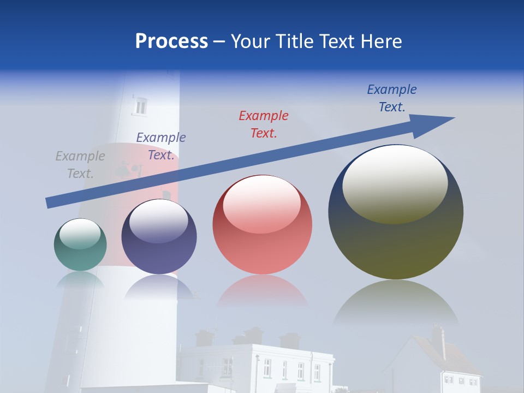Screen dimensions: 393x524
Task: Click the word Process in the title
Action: (x=171, y=41)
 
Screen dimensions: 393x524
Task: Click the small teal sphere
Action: (x=80, y=245)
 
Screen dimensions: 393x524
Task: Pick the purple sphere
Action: (x=159, y=236)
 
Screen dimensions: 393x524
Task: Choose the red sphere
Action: (x=262, y=224)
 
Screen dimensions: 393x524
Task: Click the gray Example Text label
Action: (x=80, y=165)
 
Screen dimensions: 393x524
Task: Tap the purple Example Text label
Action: (x=161, y=146)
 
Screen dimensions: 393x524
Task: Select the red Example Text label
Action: (x=264, y=124)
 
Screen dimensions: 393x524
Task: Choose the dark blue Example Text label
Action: (x=391, y=98)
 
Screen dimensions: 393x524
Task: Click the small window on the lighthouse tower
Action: (x=140, y=106)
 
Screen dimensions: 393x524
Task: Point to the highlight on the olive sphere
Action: (x=395, y=183)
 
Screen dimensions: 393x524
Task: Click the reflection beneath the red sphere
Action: (x=263, y=291)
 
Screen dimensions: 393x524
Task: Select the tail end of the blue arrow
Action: (x=51, y=203)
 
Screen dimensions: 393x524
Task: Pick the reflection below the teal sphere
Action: (x=80, y=279)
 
